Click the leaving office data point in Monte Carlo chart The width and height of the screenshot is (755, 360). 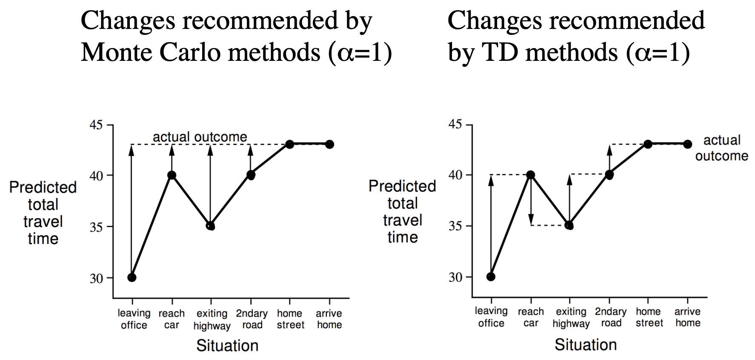132,277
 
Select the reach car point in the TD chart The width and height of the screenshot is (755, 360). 530,175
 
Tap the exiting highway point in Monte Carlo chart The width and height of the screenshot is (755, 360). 211,226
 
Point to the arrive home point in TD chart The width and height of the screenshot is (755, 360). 687,144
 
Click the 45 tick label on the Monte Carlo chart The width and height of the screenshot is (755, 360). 96,125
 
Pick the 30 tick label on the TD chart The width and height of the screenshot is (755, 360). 455,277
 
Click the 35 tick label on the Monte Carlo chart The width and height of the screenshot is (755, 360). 96,227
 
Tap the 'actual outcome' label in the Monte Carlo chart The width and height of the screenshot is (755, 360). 200,137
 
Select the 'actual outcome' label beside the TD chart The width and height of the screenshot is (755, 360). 721,148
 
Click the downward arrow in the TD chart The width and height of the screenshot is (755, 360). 531,204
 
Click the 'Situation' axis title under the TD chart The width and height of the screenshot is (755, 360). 586,345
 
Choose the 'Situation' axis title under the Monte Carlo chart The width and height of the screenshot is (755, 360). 227,346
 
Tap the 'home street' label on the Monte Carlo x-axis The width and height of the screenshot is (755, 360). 291,319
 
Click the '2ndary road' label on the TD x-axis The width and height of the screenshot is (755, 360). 611,317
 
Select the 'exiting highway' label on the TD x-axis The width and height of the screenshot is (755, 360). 571,317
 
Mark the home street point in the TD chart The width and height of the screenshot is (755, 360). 648,144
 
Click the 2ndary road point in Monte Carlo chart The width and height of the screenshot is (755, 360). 251,175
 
